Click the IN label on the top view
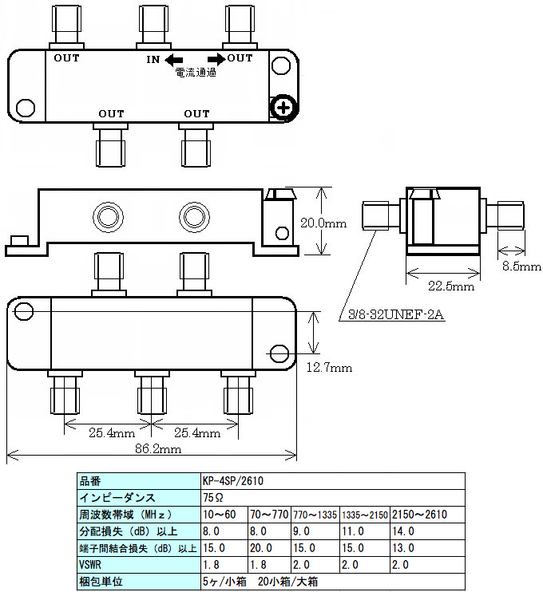point(154,60)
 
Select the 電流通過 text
point(196,73)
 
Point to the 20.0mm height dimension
point(323,223)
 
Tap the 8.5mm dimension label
point(521,266)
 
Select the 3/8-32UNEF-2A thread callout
point(395,315)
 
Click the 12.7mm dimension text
point(329,368)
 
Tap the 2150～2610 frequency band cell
point(419,515)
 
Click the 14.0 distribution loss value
point(404,531)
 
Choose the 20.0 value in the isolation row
point(263,548)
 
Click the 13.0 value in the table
point(404,548)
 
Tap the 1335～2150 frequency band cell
point(365,515)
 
